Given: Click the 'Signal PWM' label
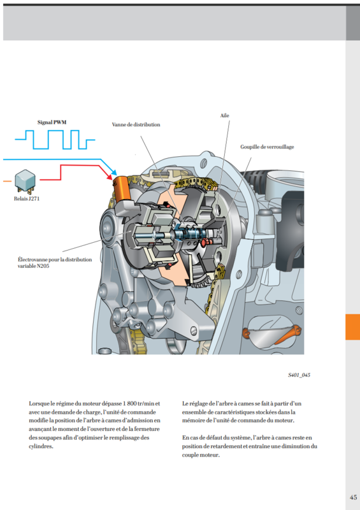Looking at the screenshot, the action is click(x=52, y=122).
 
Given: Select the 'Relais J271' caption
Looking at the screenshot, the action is click(x=27, y=198).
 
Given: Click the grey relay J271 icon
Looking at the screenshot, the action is click(x=25, y=182).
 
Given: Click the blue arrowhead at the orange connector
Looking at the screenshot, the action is click(x=114, y=171).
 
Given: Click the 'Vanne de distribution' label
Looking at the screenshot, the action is click(x=136, y=124).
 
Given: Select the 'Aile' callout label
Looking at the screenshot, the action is click(x=224, y=115).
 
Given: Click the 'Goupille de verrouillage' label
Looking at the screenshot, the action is click(x=267, y=147).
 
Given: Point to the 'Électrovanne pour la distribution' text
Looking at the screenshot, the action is click(x=55, y=259).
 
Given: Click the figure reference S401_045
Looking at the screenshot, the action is click(x=299, y=375).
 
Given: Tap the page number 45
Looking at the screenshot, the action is click(x=353, y=497).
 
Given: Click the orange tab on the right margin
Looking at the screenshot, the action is click(x=352, y=327).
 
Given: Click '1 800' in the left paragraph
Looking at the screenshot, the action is click(x=130, y=404).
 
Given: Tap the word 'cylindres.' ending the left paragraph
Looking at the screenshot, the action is click(x=41, y=446).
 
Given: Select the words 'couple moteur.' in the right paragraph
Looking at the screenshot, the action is click(x=201, y=455).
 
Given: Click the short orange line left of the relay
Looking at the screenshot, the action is click(x=7, y=181).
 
